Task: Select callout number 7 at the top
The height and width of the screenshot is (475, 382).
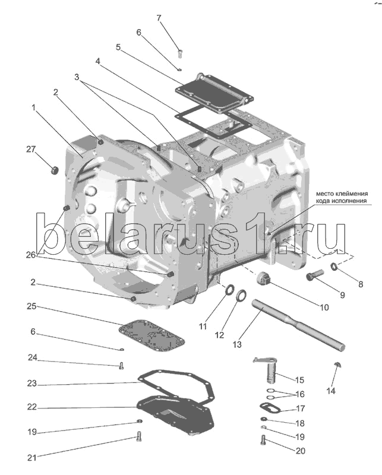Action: [159, 17]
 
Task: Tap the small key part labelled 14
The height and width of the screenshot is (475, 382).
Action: [337, 363]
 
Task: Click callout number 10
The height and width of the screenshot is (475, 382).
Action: [324, 308]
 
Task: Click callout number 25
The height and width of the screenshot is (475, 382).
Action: [31, 306]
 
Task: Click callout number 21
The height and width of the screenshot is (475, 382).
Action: [31, 458]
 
